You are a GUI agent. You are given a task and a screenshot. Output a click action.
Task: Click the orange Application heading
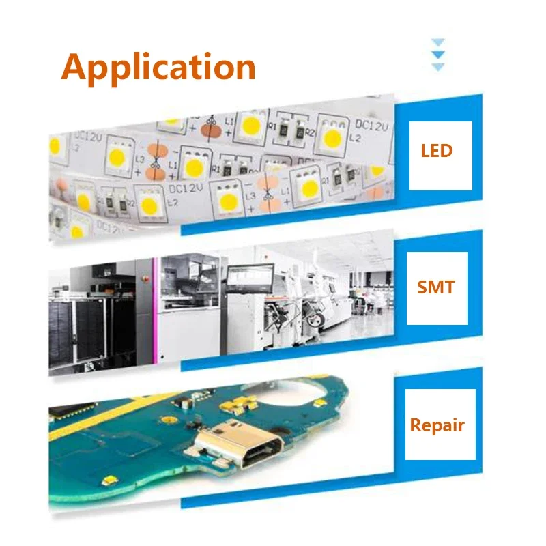[x=158, y=67]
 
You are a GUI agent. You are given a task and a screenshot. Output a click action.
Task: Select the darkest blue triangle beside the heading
[x=439, y=54]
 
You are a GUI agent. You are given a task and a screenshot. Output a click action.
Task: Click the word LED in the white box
[x=437, y=150]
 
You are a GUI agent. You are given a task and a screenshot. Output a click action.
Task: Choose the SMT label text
[x=435, y=287]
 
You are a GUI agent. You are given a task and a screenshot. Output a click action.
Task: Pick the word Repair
[x=437, y=425]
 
